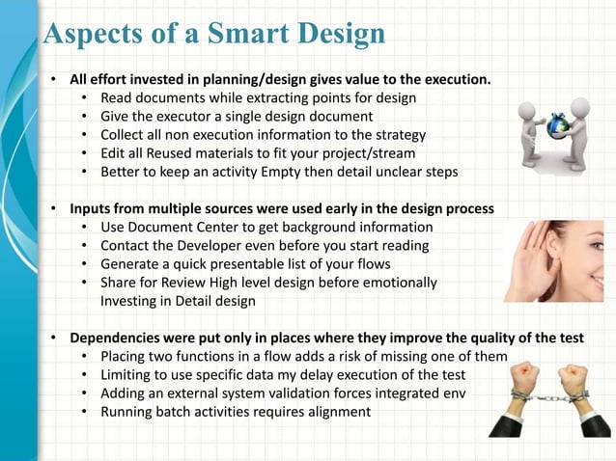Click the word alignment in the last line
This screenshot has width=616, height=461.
(335, 412)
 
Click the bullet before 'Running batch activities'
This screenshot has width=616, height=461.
(86, 412)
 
